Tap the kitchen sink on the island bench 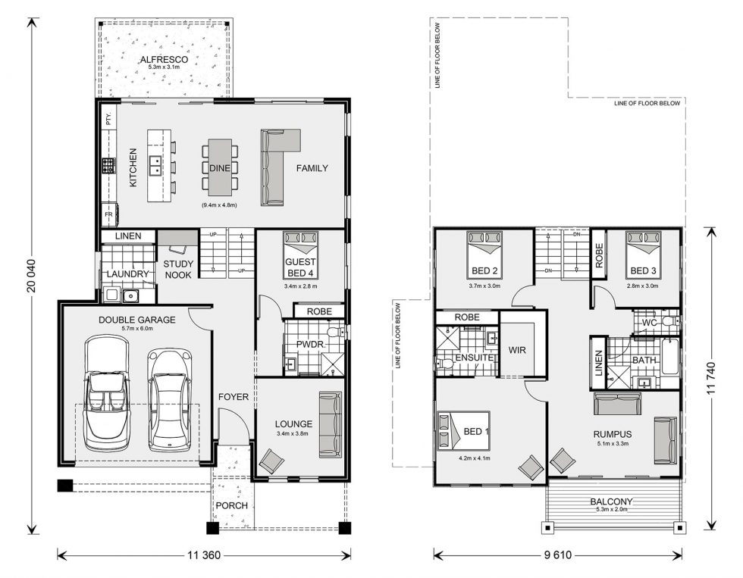click(x=155, y=161)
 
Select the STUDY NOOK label click(x=179, y=269)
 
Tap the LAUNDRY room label click(x=126, y=273)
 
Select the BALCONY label click(x=612, y=501)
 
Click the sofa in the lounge click(x=330, y=420)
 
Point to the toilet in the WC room click(x=668, y=323)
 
